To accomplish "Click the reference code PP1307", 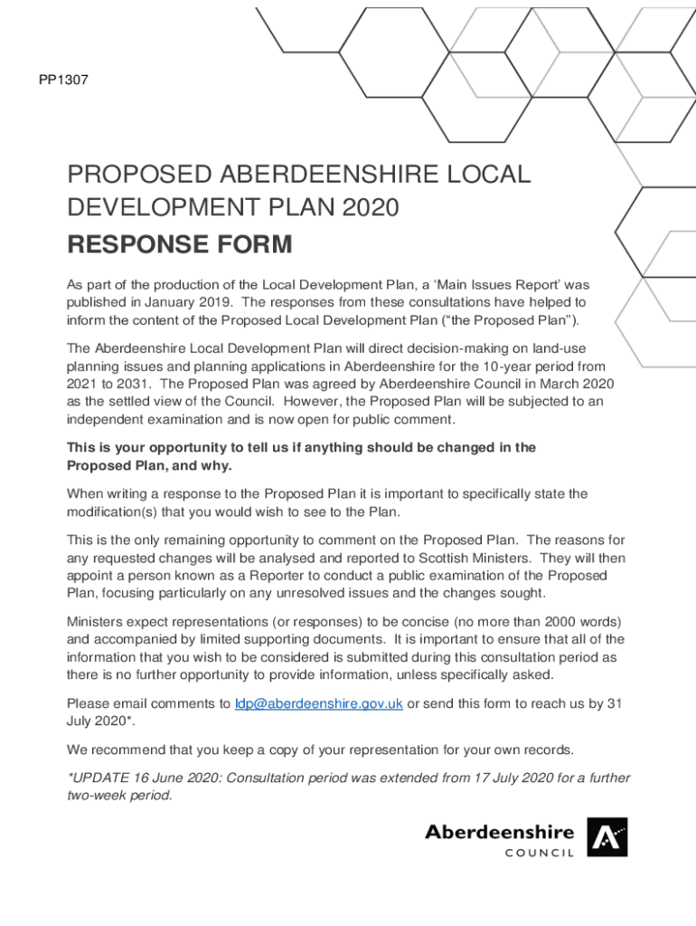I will coord(62,80).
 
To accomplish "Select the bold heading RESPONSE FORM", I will coord(180,244).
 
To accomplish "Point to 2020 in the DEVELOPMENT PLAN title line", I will coord(370,208).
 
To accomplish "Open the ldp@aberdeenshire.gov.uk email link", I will coord(318,704).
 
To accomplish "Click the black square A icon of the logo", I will coord(607,837).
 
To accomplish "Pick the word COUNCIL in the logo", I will coord(540,853).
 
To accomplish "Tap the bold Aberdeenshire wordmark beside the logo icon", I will coord(500,831).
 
